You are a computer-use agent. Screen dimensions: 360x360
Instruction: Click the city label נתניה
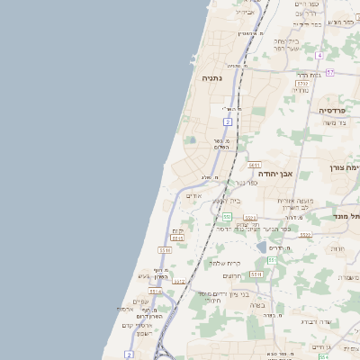coord(212,78)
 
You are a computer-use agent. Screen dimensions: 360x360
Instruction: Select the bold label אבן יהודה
coord(302,173)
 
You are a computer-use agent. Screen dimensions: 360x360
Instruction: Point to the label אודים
coord(193,195)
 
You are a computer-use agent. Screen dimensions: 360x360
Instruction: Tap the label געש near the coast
coord(143,276)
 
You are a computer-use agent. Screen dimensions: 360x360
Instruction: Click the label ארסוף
coord(125,310)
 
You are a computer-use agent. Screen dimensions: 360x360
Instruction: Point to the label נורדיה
coord(302,91)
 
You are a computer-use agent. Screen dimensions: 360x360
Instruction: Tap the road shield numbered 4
coord(319,56)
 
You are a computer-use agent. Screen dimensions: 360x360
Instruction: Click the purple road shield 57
coord(330,72)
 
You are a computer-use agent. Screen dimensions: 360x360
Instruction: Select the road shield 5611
coord(255,165)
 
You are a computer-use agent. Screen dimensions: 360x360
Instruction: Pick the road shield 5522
coord(305,235)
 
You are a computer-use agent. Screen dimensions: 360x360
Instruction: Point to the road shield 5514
coord(256,274)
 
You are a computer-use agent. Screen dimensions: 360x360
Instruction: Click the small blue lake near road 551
coord(261,246)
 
